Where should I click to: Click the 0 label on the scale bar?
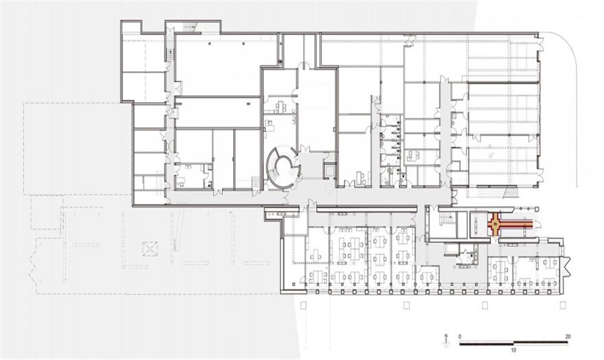coord(460,336)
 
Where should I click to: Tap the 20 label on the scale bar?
coord(568,336)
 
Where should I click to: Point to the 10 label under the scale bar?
coord(514,350)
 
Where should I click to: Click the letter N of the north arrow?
coord(446,336)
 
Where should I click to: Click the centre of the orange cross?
coord(494,224)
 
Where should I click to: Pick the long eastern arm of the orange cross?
coord(517,224)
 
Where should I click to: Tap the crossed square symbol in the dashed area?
coord(150,249)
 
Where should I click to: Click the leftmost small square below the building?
coord(303,306)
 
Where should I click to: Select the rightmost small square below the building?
coord(563,306)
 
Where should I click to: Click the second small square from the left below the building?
coord(406,306)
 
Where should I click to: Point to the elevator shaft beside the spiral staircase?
coord(328,170)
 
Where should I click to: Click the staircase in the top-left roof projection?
coord(190,27)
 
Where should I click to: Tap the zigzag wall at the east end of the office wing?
coord(566,266)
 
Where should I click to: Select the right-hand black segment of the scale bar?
coord(541,342)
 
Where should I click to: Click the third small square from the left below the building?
coord(485,306)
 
